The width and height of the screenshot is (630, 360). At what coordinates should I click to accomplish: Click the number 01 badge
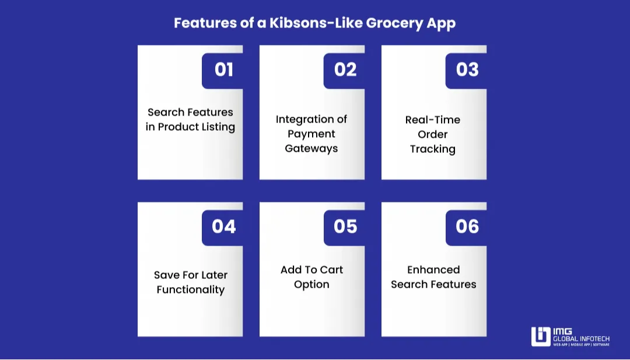click(223, 70)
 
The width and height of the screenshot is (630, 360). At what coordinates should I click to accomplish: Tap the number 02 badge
click(345, 70)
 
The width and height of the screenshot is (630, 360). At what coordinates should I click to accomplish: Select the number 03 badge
click(467, 70)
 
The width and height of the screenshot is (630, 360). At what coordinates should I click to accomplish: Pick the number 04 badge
click(223, 226)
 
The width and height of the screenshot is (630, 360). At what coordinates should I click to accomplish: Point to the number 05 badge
click(345, 226)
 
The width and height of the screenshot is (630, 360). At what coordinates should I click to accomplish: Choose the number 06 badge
click(467, 226)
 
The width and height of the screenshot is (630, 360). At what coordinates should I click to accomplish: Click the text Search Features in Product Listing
click(190, 120)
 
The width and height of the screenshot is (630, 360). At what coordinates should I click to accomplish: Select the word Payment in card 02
click(311, 134)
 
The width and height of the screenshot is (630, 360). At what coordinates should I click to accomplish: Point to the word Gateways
click(311, 148)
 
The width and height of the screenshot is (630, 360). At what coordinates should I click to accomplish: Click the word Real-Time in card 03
click(433, 120)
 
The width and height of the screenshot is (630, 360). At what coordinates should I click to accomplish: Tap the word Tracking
click(433, 149)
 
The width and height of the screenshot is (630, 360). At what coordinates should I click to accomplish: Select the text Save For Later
click(190, 275)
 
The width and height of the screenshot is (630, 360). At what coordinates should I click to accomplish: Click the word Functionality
click(190, 289)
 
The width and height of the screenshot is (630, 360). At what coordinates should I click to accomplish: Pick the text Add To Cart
click(311, 270)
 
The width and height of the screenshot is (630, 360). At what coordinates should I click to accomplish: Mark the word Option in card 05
click(311, 284)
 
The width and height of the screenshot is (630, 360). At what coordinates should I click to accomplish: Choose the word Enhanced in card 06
click(433, 270)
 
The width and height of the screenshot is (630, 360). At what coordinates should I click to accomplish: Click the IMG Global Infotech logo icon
click(541, 337)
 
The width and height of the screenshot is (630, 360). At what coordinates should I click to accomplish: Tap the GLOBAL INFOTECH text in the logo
click(581, 338)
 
